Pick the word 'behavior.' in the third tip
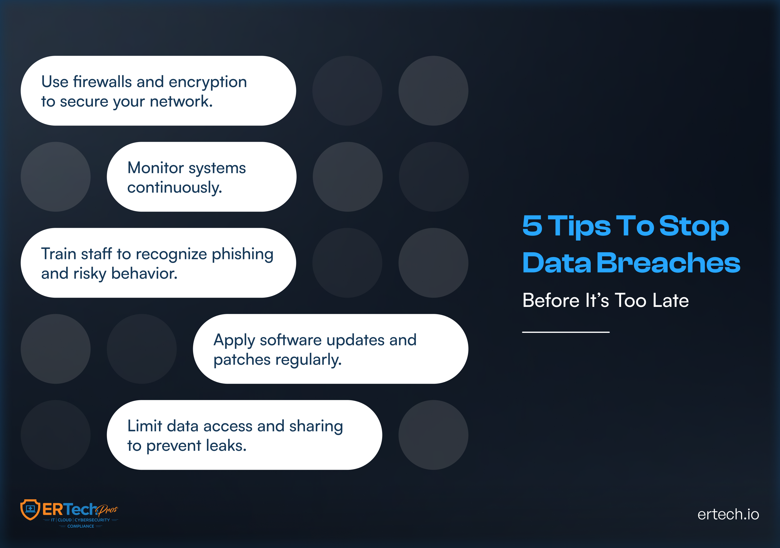click(144, 274)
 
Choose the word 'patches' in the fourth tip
click(242, 360)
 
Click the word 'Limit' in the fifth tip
click(144, 426)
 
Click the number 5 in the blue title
click(532, 226)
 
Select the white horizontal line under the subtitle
click(566, 332)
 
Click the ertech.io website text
click(728, 514)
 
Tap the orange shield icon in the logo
click(30, 509)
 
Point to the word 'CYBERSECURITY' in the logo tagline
click(92, 520)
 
